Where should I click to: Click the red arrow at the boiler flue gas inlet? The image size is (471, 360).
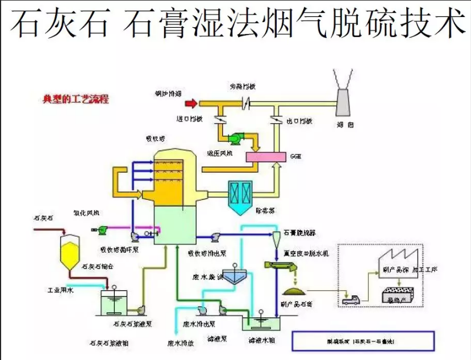[192, 103]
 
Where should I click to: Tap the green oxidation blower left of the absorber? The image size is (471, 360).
[102, 229]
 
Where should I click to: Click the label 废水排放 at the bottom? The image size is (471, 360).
[181, 343]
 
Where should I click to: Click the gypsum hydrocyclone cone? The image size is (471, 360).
[275, 238]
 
